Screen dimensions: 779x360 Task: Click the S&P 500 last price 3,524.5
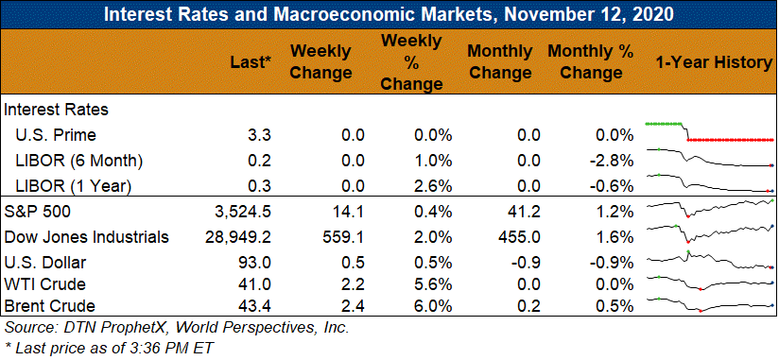(237, 212)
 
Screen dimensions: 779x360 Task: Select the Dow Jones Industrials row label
(86, 237)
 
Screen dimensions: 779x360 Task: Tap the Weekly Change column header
(320, 62)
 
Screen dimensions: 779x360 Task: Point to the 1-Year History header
(713, 62)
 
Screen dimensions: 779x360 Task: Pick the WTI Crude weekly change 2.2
(353, 284)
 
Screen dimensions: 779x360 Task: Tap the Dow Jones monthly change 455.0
(519, 237)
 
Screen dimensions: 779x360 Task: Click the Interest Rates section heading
(56, 110)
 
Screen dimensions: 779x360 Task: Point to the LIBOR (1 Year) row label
(73, 186)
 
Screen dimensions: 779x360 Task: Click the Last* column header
(251, 62)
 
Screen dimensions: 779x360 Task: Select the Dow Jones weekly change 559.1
(343, 237)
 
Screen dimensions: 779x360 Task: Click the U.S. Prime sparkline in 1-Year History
(709, 131)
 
